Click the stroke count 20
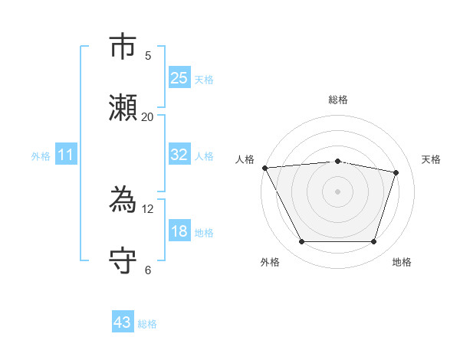click(147, 116)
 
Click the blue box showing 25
click(179, 78)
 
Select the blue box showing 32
click(179, 155)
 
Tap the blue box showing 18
click(179, 231)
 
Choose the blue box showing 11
click(66, 155)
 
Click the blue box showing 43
click(123, 322)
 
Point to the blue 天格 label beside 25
click(204, 79)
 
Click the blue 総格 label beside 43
click(147, 324)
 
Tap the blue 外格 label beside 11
click(41, 155)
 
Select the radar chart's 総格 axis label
click(338, 100)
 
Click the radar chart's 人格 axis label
click(245, 159)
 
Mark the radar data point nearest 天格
click(396, 172)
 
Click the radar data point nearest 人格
click(264, 168)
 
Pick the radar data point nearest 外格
click(301, 242)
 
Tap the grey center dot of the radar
click(338, 191)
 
